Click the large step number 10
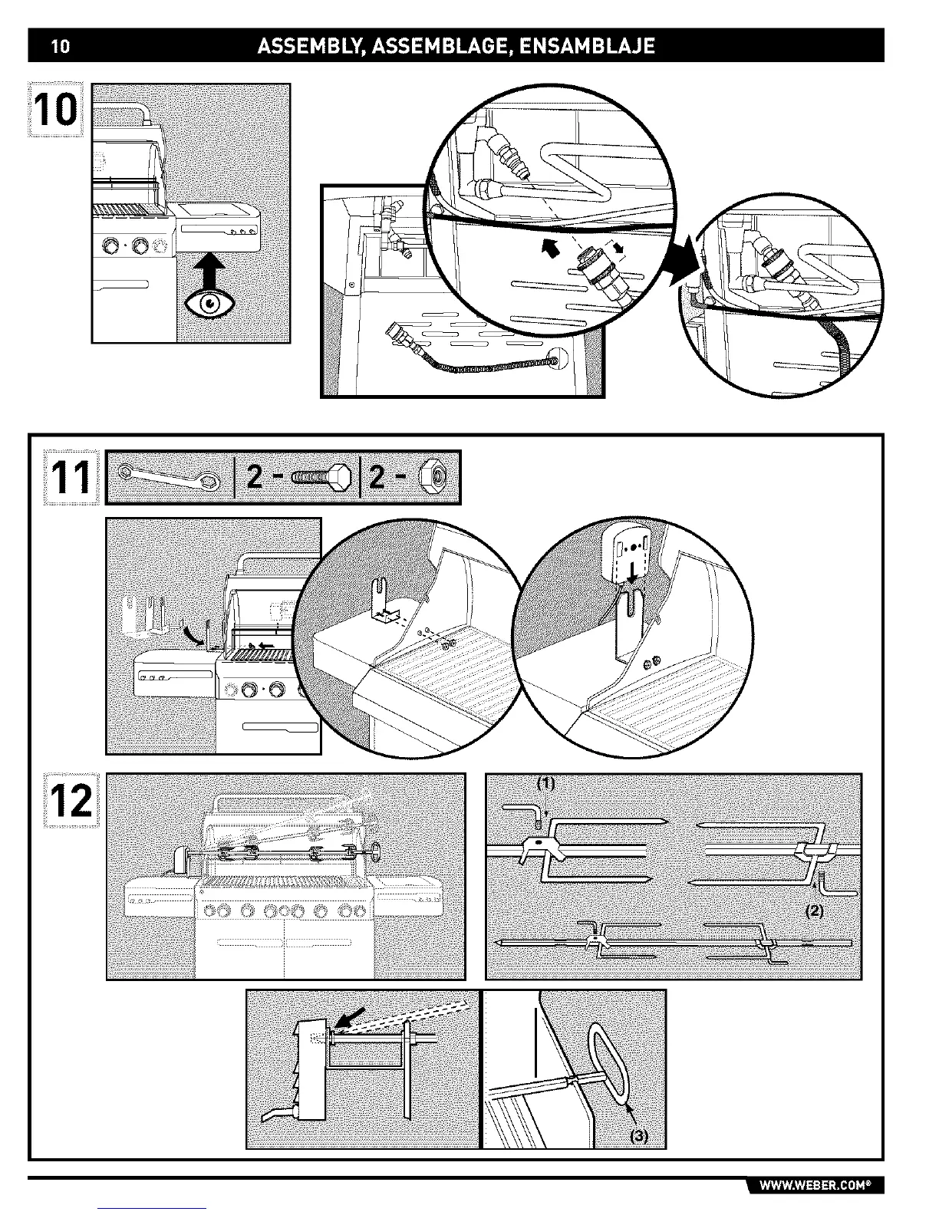(55, 109)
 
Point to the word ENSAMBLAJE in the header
(587, 47)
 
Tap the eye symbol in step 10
(209, 305)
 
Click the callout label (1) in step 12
(545, 784)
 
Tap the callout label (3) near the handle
(639, 1137)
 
